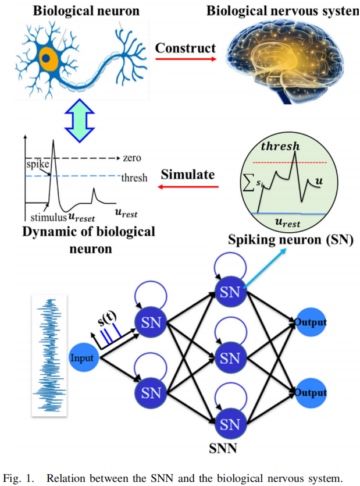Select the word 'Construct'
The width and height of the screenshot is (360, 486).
click(185, 48)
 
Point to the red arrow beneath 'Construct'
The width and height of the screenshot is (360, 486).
click(185, 59)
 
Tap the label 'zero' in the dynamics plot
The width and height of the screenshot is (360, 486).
click(132, 158)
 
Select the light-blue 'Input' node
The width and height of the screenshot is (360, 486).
click(82, 357)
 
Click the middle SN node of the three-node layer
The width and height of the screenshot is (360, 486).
click(230, 357)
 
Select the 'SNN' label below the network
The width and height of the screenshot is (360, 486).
click(223, 449)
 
